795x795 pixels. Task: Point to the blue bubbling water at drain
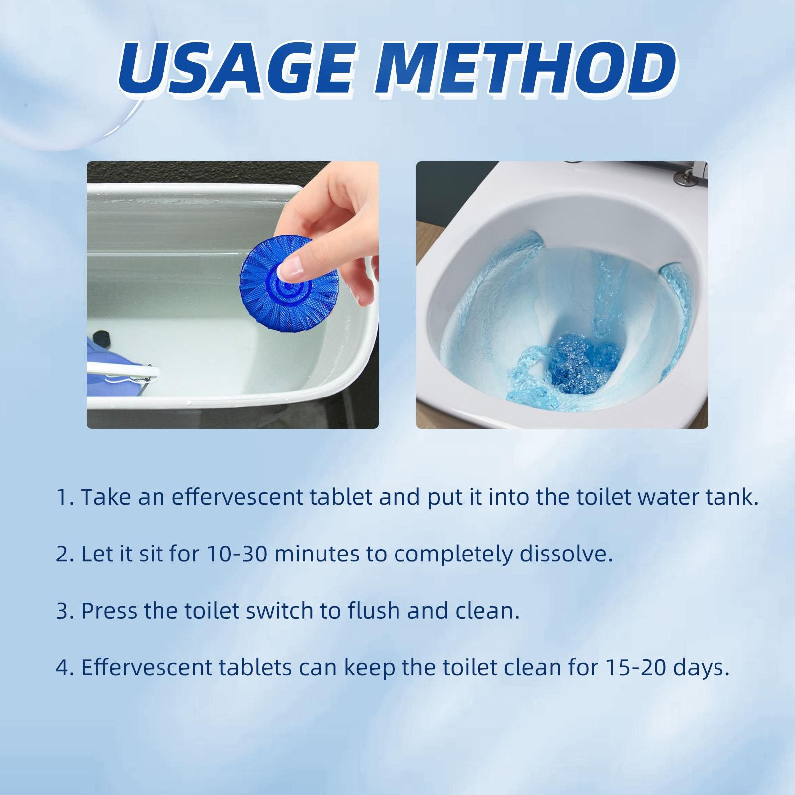click(x=581, y=361)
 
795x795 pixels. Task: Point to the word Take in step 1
click(x=105, y=497)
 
